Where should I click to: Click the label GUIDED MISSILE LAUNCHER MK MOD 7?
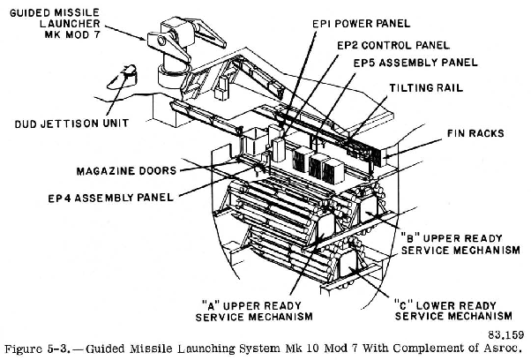click(x=59, y=26)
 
